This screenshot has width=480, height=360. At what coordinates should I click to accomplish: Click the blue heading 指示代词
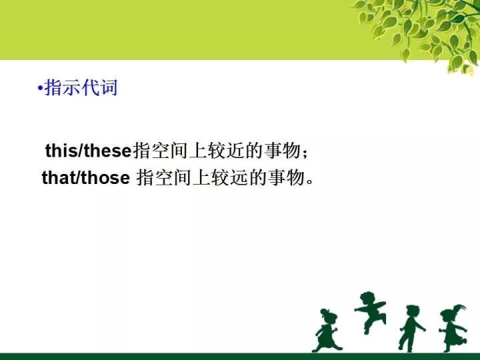81,88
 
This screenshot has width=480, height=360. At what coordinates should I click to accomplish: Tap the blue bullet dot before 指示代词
40,89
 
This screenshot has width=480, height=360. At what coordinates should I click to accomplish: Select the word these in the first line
107,151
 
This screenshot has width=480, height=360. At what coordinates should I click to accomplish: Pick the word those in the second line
105,177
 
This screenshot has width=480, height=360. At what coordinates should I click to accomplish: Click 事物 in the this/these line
282,151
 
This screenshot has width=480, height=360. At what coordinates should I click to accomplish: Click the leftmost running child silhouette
326,331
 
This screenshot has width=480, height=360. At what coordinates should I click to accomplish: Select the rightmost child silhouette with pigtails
453,327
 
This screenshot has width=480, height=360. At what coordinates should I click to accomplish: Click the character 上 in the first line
198,151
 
